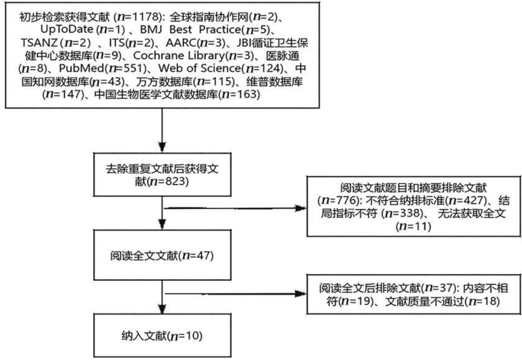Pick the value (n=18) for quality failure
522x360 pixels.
(x=481, y=302)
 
